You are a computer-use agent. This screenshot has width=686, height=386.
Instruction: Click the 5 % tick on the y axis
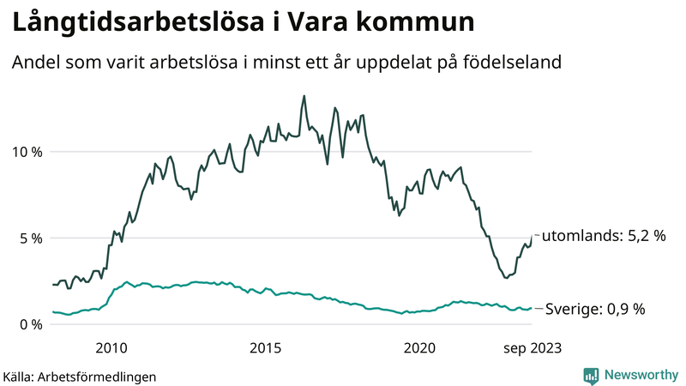click(x=29, y=238)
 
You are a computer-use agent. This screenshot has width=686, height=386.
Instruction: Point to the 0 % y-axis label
click(x=29, y=324)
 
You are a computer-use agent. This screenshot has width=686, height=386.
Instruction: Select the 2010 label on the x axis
click(x=111, y=347)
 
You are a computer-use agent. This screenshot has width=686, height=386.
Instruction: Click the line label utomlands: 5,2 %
click(x=605, y=236)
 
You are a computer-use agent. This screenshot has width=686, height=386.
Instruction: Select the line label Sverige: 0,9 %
click(x=595, y=309)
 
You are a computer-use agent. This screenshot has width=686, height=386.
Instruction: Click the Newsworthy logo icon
click(x=591, y=375)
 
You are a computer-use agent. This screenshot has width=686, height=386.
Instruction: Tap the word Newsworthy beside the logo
click(x=640, y=375)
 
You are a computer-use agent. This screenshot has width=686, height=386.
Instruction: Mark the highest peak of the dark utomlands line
click(x=304, y=96)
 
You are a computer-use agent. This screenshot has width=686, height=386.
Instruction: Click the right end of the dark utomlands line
click(x=532, y=235)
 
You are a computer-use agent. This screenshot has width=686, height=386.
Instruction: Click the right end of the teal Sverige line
click(x=532, y=308)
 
